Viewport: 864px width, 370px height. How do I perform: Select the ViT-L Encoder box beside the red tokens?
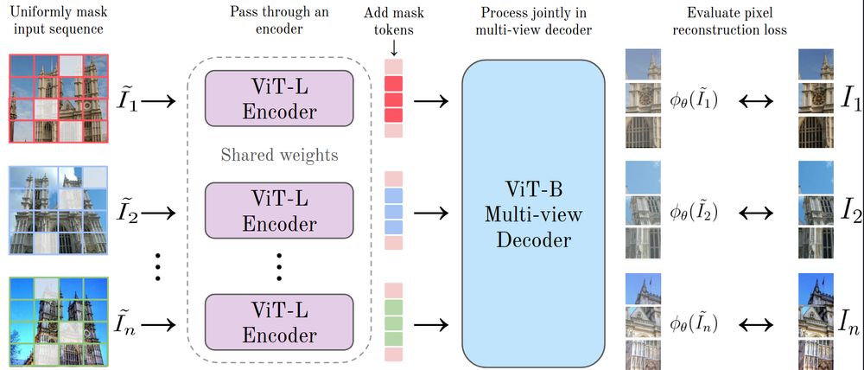point(279,99)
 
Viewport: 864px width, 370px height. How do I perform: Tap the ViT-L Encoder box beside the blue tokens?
point(279,211)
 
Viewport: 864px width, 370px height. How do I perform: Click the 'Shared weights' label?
point(279,156)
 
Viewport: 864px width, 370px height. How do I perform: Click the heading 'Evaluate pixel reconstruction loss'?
point(742,22)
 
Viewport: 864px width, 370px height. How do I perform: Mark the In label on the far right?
point(848,324)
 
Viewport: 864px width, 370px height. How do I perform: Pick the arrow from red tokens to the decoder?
point(431,100)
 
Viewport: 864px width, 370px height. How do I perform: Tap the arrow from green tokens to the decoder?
point(431,324)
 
